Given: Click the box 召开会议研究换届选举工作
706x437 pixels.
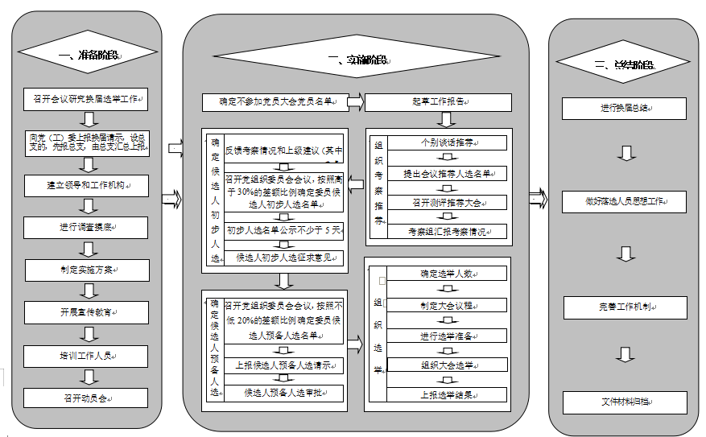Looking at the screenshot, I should pyautogui.click(x=87, y=101).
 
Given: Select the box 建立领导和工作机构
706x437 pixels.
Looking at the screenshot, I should pyautogui.click(x=87, y=185).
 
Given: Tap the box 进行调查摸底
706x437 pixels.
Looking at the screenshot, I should pyautogui.click(x=87, y=228).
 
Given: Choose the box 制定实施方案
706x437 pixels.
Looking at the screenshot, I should pyautogui.click(x=87, y=270).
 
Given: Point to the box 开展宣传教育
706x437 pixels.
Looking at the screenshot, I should pyautogui.click(x=87, y=311).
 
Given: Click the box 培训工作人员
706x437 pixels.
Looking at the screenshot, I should pyautogui.click(x=87, y=354).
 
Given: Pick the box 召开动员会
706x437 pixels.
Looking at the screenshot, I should pyautogui.click(x=87, y=398).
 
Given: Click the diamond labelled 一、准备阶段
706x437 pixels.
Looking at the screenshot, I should pyautogui.click(x=88, y=56).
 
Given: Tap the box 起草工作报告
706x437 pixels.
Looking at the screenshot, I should pyautogui.click(x=439, y=102).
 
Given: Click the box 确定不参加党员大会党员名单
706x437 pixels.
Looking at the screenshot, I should pyautogui.click(x=281, y=102).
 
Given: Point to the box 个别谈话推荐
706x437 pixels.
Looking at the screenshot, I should pyautogui.click(x=447, y=142).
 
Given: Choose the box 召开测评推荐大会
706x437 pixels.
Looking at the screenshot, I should pyautogui.click(x=447, y=202).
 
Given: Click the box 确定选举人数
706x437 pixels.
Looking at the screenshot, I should pyautogui.click(x=447, y=274).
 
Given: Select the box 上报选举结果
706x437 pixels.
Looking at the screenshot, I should pyautogui.click(x=447, y=395).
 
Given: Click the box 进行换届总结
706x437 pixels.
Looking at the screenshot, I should pyautogui.click(x=625, y=108).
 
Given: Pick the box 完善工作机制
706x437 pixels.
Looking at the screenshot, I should pyautogui.click(x=625, y=307).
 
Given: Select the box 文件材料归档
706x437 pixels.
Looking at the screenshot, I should pyautogui.click(x=625, y=402).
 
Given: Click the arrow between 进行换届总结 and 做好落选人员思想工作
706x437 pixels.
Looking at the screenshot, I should pyautogui.click(x=625, y=154).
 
